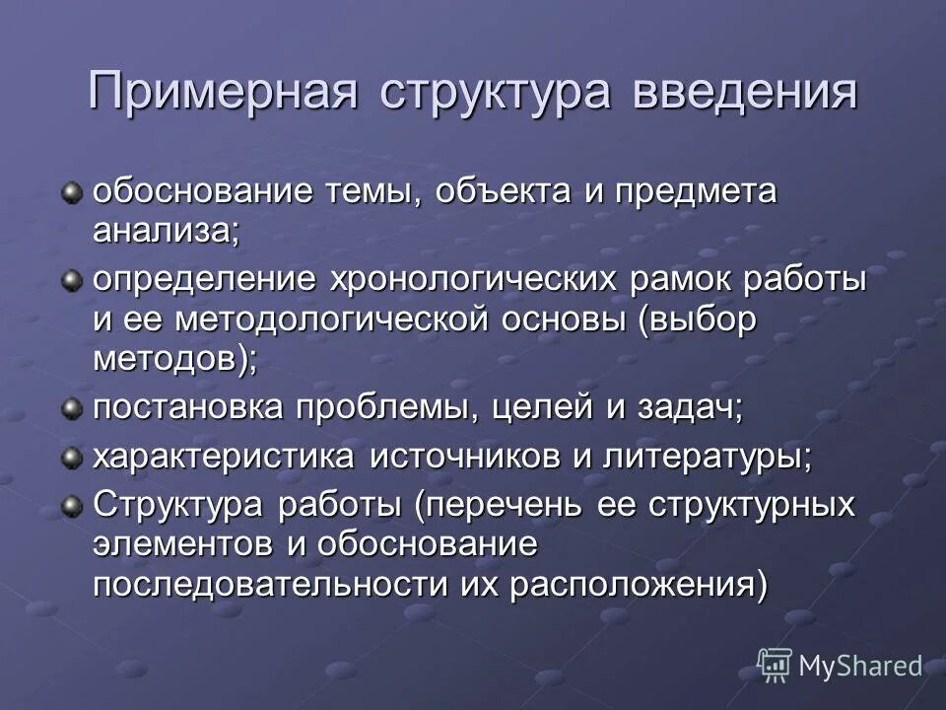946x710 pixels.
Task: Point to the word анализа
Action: click(x=166, y=233)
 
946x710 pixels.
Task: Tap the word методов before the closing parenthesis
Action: click(x=167, y=359)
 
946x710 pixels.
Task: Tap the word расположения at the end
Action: click(x=636, y=584)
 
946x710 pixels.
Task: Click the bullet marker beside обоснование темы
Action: click(x=71, y=192)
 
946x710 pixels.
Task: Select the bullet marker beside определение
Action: click(x=71, y=281)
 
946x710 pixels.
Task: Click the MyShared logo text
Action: click(x=859, y=666)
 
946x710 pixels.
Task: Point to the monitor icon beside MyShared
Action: click(x=775, y=665)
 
